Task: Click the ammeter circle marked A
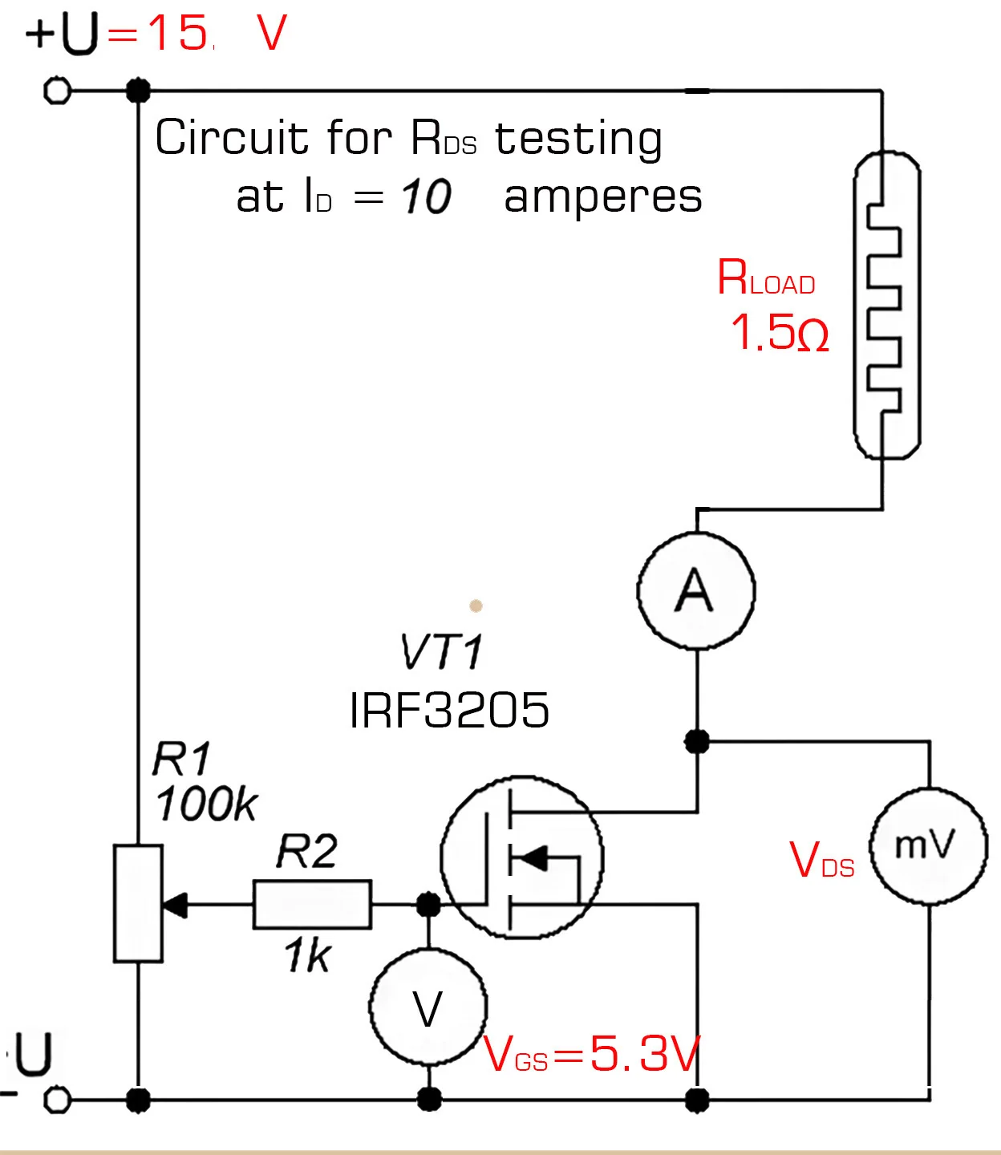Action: (696, 590)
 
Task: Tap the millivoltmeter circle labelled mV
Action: (929, 846)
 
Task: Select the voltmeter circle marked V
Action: (428, 1007)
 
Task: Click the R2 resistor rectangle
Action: (312, 905)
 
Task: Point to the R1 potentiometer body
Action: (138, 903)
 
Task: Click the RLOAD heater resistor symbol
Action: (885, 306)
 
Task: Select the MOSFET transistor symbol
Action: (522, 857)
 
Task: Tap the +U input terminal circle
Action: (57, 91)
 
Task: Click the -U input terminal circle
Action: (57, 1100)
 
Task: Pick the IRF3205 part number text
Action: (449, 711)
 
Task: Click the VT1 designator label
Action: (442, 651)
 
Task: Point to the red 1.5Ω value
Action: (779, 332)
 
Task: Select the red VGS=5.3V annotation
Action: (592, 1054)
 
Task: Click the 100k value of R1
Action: (206, 804)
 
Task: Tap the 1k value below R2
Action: (307, 956)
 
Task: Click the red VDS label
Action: (821, 860)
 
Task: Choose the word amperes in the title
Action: (602, 197)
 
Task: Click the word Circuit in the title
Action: (231, 137)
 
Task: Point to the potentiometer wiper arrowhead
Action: (175, 905)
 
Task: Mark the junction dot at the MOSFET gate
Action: (429, 905)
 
